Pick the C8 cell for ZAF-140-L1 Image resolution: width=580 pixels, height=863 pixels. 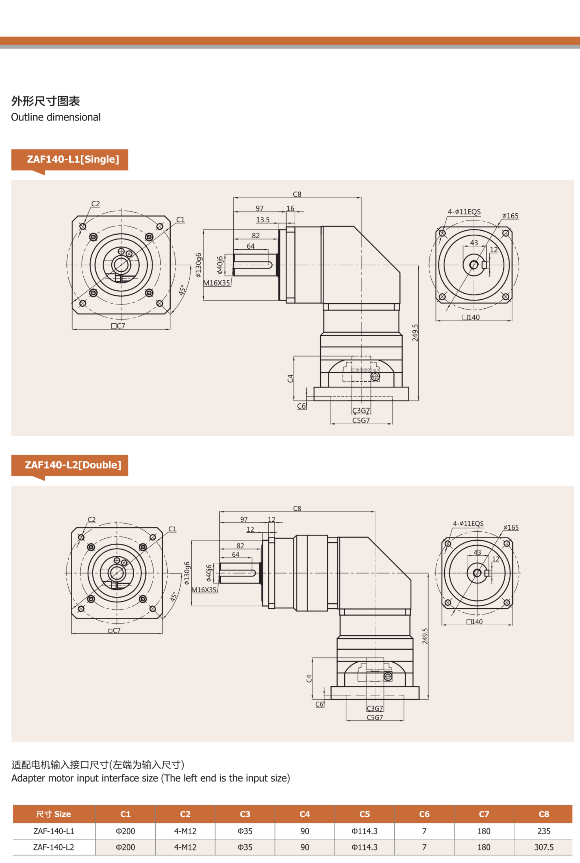point(543,831)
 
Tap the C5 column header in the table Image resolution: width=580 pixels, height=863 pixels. point(364,814)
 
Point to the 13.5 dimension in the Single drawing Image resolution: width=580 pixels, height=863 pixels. point(263,220)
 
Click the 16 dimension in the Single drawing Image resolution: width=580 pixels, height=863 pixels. point(290,208)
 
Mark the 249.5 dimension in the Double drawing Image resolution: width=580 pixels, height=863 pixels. point(425,636)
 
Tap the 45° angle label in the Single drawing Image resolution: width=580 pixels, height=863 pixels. point(182,290)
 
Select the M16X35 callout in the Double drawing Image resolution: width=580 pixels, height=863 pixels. point(204,590)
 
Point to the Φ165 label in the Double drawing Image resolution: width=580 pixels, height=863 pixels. point(511,527)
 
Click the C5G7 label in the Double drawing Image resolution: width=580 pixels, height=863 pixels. point(375,717)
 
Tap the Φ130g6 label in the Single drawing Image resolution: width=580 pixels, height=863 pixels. point(198,265)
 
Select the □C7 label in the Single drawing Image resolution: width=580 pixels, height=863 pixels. point(118,326)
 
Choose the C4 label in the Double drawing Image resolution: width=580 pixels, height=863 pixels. point(309,678)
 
